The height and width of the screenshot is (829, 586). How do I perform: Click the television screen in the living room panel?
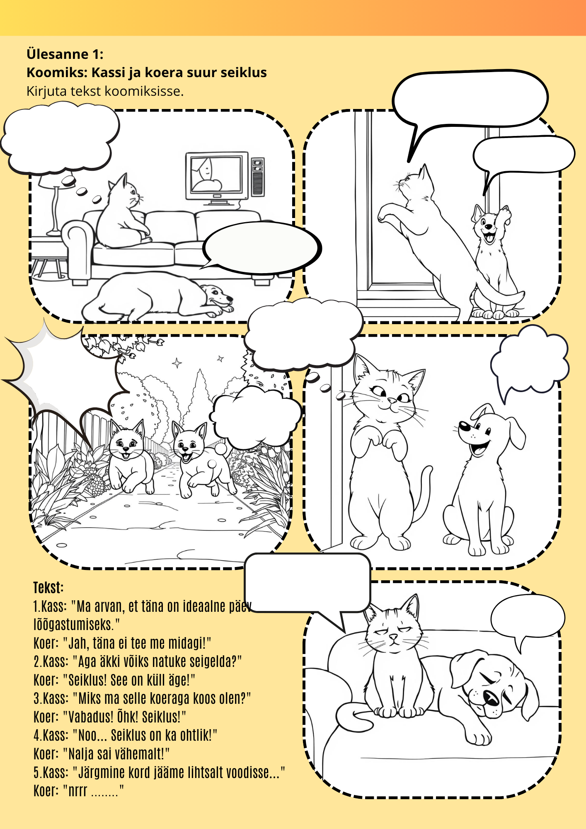[x=216, y=174]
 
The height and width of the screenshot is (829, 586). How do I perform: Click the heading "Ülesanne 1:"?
[x=65, y=54]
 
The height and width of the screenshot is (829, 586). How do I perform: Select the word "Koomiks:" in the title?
[x=57, y=73]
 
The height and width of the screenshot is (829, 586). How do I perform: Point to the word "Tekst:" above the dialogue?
[x=48, y=588]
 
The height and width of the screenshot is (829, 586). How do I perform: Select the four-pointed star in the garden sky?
[x=177, y=363]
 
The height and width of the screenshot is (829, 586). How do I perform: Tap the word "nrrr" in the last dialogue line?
[x=77, y=791]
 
